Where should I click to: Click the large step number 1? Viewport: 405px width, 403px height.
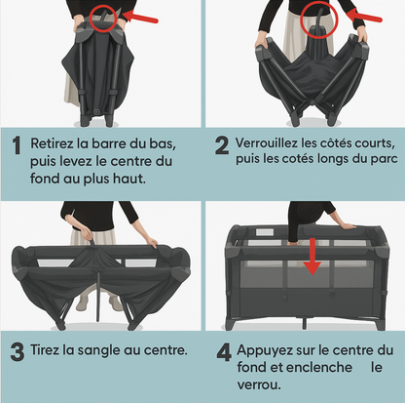tap(17, 145)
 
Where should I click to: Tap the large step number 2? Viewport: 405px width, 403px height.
tap(222, 145)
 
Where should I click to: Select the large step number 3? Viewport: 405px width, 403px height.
tap(18, 352)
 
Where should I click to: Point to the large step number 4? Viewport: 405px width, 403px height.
tap(224, 352)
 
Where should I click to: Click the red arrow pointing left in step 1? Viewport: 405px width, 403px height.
tap(140, 17)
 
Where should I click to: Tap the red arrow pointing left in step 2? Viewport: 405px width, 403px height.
tap(364, 16)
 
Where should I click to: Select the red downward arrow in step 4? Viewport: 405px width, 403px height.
tap(313, 257)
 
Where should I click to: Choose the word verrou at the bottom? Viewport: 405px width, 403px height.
tap(259, 384)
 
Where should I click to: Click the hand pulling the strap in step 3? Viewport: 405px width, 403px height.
tap(86, 233)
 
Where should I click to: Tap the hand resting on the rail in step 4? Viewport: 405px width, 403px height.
tap(346, 225)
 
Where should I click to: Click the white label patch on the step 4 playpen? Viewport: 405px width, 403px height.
tap(265, 232)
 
